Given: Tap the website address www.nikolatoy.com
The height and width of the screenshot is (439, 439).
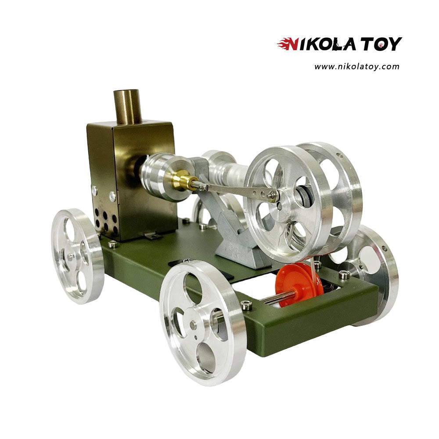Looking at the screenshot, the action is pos(356,67).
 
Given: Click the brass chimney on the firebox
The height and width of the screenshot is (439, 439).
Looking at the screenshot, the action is pos(127,107).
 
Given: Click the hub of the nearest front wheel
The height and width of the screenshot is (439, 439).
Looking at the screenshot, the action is pos(193,324).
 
